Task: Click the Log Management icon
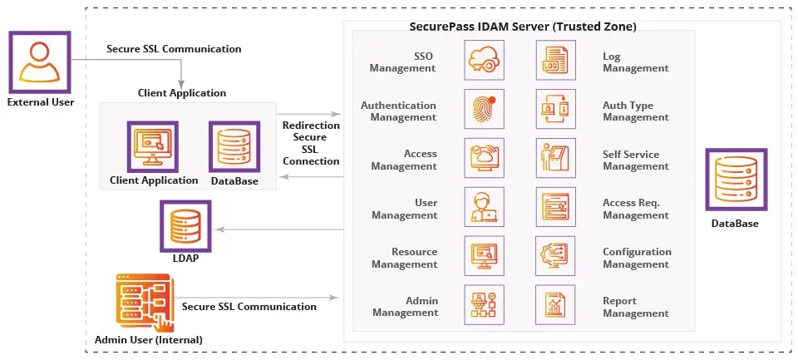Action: [x=556, y=62]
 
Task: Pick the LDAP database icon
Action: [x=185, y=225]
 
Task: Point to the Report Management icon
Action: [x=556, y=306]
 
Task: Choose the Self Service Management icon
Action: [x=556, y=159]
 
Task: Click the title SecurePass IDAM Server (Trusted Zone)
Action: [x=523, y=27]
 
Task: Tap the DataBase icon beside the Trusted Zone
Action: [x=735, y=180]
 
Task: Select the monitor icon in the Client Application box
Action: [x=152, y=146]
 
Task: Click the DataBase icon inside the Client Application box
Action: [x=234, y=146]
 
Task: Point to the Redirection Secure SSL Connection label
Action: [x=311, y=143]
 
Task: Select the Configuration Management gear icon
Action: [x=556, y=257]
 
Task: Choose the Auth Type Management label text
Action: [x=636, y=111]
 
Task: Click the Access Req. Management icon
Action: [x=556, y=208]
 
